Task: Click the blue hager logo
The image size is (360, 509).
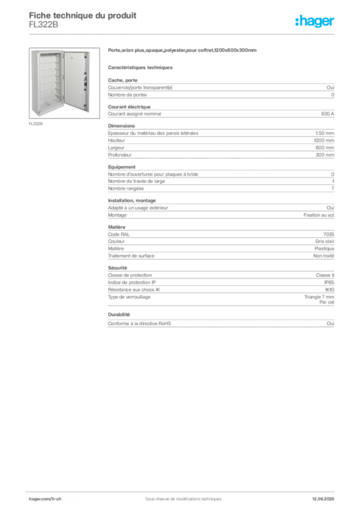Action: click(316, 21)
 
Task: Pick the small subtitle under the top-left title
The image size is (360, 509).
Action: click(43, 28)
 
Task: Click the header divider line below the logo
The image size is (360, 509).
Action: click(183, 34)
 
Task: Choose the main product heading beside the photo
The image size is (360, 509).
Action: click(183, 51)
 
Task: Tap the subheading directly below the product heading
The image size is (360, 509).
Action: click(141, 67)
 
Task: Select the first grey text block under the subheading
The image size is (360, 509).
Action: click(221, 88)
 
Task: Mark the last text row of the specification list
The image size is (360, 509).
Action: click(221, 326)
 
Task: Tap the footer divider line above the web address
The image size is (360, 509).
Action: click(183, 491)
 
